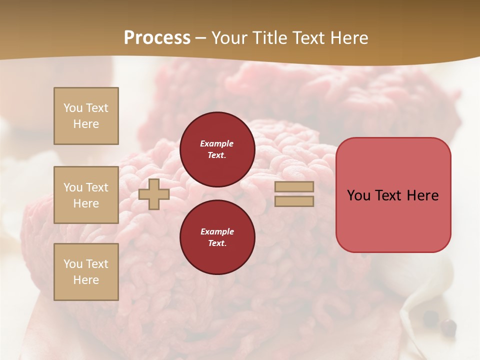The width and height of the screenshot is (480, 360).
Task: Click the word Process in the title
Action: pos(157,38)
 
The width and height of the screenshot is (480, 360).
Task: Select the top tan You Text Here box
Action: pos(86,116)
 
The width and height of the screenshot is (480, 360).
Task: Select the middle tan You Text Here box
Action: pos(86,195)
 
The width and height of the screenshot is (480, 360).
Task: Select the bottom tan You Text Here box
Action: pos(86,272)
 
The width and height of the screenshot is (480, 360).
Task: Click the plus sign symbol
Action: pos(154,194)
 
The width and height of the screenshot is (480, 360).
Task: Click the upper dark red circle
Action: pos(217,149)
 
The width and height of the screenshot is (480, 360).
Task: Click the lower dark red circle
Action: pos(217,237)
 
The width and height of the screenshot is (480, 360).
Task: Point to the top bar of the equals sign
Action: pos(294,186)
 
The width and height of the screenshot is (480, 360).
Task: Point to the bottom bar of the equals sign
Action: pos(294,201)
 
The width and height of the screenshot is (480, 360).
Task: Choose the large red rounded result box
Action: pos(393,195)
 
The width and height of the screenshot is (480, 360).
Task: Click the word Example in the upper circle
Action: pos(217,144)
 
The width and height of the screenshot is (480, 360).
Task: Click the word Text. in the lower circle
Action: pos(217,243)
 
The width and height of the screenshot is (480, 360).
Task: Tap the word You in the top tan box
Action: pos(73,108)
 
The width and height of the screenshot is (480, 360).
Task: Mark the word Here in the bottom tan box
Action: pos(86,280)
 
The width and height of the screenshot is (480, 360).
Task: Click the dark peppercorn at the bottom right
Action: pos(448,327)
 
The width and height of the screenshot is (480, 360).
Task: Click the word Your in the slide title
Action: pos(229,38)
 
